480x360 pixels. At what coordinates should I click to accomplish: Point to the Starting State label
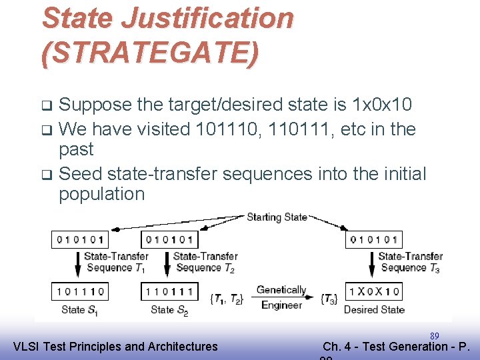pyautogui.click(x=277, y=217)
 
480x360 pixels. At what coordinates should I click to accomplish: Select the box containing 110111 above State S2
pyautogui.click(x=169, y=291)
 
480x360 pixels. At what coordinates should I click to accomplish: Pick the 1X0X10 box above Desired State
pyautogui.click(x=373, y=291)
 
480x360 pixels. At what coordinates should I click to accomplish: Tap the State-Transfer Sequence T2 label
pyautogui.click(x=205, y=262)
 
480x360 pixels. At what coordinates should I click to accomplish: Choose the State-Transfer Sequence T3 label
pyautogui.click(x=410, y=262)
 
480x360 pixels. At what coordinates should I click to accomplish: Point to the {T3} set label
pyautogui.click(x=329, y=299)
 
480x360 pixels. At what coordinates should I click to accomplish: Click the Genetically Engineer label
pyautogui.click(x=281, y=297)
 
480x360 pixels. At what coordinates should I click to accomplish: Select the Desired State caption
pyautogui.click(x=374, y=309)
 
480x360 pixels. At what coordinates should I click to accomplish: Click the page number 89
pyautogui.click(x=434, y=336)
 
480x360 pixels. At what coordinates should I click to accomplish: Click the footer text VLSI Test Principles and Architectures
pyautogui.click(x=115, y=346)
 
